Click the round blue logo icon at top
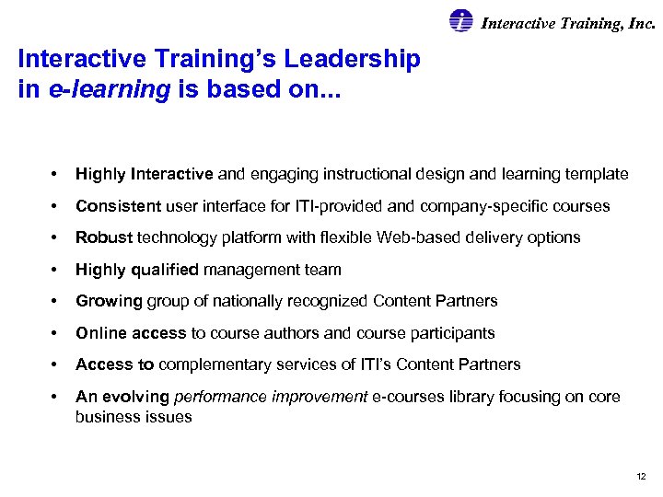[x=460, y=21]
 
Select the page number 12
[x=641, y=476]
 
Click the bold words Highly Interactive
[x=145, y=174]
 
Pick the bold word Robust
[x=104, y=237]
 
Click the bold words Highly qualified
[x=137, y=270]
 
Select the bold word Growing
[x=109, y=301]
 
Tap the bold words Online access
[x=131, y=333]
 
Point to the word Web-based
[x=412, y=237]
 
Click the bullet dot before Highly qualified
[x=56, y=270]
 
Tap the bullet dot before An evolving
[x=56, y=397]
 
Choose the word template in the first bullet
[x=598, y=174]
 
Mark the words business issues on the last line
[x=134, y=417]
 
